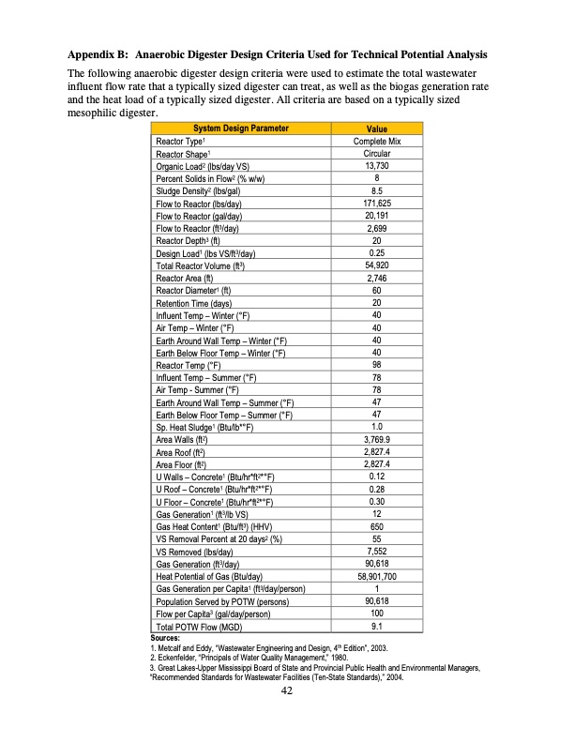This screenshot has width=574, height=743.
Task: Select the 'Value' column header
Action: [376, 129]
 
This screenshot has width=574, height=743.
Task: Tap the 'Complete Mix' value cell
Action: [376, 141]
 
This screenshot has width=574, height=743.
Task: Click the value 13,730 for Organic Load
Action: [376, 165]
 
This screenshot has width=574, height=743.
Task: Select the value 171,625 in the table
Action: [376, 202]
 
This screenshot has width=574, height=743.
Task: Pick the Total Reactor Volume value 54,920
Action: [376, 265]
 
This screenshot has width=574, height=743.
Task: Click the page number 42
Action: [287, 691]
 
